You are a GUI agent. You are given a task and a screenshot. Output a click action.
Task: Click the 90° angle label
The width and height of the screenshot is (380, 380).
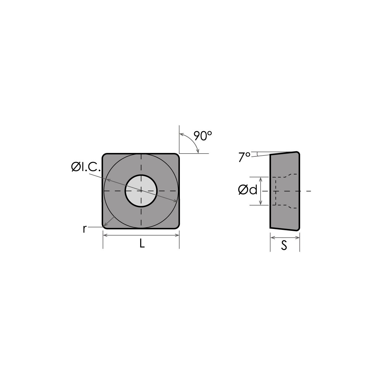click(203, 136)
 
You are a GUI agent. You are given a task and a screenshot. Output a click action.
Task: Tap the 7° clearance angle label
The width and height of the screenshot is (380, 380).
click(244, 157)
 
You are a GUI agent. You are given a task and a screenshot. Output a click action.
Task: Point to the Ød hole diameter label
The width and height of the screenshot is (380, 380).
click(248, 190)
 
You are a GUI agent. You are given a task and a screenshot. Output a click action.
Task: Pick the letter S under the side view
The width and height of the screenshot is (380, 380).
click(284, 246)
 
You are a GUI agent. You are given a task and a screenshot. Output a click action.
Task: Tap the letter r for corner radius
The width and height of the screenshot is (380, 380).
click(85, 229)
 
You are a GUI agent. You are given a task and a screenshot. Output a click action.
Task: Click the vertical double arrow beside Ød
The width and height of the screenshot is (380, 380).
click(261, 191)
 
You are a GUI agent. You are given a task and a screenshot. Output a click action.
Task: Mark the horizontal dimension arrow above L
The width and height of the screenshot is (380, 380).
click(141, 235)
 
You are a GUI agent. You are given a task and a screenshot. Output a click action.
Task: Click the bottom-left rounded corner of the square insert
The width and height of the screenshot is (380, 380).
click(104, 226)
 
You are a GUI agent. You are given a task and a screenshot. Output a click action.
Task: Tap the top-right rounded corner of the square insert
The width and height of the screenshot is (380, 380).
click(177, 155)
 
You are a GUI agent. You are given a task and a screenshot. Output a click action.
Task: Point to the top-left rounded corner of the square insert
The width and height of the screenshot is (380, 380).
click(104, 155)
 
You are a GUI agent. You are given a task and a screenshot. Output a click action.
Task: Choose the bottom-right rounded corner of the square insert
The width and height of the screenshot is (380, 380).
click(177, 226)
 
